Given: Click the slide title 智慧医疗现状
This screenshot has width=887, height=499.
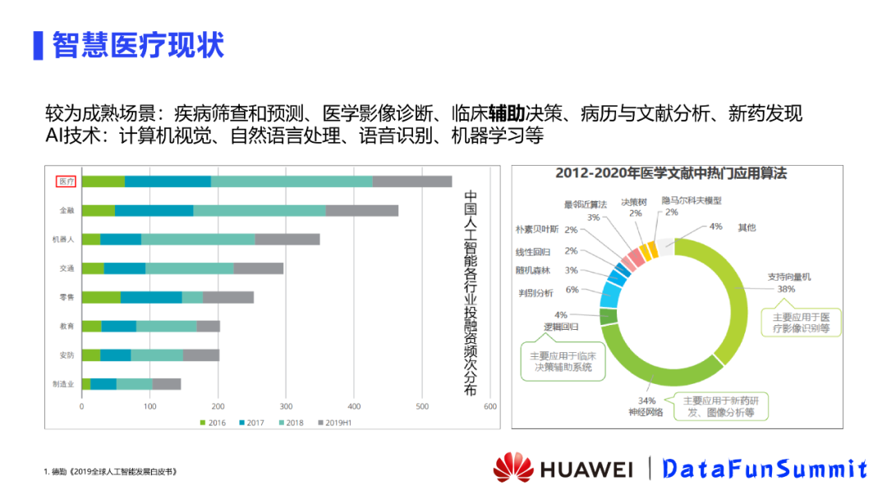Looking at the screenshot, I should [x=137, y=45].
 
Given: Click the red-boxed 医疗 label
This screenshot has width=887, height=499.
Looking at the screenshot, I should [x=67, y=181].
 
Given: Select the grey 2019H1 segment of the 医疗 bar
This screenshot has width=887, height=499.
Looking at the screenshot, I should [x=411, y=181].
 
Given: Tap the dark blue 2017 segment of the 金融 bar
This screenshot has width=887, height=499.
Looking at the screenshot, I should [x=154, y=210].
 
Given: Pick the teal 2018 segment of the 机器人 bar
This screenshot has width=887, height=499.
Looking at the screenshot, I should [x=198, y=240].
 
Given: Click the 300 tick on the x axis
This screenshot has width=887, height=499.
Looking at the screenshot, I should [x=286, y=406].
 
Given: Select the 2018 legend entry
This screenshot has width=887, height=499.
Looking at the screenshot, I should [x=292, y=423].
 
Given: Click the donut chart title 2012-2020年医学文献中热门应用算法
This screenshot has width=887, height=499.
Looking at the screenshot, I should [x=671, y=174].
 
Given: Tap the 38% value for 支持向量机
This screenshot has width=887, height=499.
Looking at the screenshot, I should [x=786, y=289].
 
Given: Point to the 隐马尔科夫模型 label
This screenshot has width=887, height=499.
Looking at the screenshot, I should [x=692, y=200].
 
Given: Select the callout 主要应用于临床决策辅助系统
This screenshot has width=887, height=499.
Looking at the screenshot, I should [x=563, y=362].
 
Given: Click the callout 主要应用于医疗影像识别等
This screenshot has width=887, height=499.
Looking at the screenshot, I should [x=801, y=323].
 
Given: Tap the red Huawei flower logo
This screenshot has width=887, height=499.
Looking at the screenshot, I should [x=513, y=468].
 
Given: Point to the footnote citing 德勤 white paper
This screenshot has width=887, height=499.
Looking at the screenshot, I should [x=111, y=472].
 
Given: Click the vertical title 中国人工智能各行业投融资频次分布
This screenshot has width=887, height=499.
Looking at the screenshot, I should [x=471, y=293].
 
